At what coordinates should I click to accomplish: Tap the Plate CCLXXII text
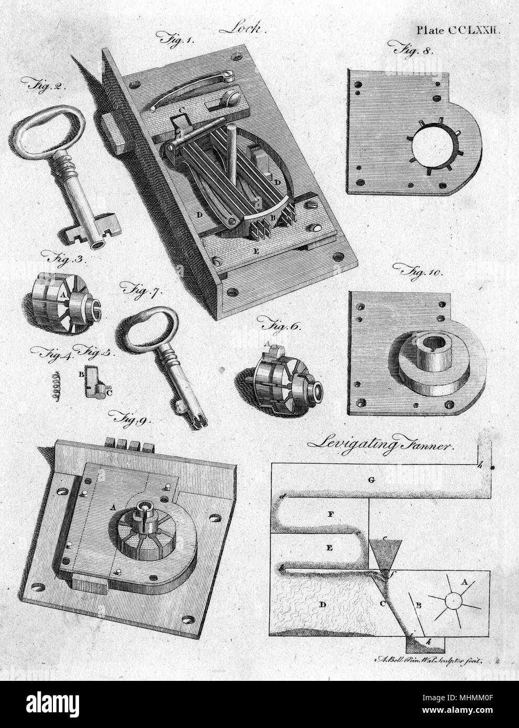point(459,30)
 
